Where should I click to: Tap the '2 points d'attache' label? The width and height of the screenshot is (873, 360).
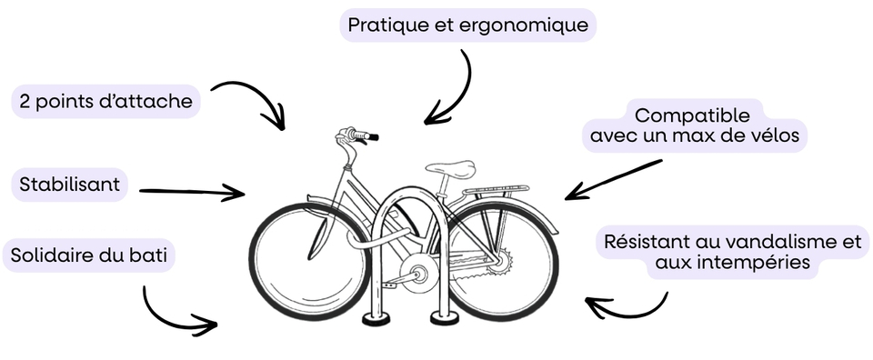tap(105, 102)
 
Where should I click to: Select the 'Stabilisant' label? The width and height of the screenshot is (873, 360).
tap(69, 185)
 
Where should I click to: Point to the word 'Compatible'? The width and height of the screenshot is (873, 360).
tap(692, 116)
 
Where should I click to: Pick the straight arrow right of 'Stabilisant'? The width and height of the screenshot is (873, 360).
tap(191, 192)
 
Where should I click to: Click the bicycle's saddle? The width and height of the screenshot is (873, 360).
tap(452, 167)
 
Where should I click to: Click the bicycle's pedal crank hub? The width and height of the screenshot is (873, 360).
tap(420, 272)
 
